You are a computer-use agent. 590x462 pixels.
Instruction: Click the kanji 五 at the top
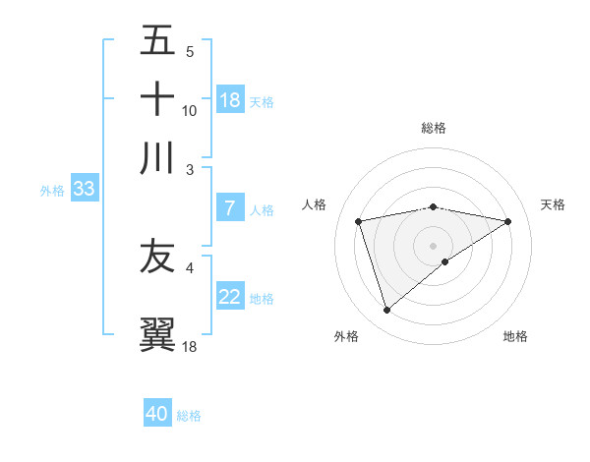tap(158, 41)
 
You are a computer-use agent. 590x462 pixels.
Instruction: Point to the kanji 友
tap(158, 257)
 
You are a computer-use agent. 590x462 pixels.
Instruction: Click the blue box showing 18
tap(230, 100)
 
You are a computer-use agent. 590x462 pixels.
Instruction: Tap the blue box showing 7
tap(230, 208)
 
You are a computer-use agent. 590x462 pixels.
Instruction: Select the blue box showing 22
tap(230, 298)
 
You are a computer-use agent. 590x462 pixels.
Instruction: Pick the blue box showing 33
tap(84, 190)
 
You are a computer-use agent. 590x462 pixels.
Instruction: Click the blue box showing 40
tap(157, 414)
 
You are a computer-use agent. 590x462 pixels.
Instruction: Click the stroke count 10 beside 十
tap(190, 110)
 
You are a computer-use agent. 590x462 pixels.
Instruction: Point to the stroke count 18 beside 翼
tap(190, 346)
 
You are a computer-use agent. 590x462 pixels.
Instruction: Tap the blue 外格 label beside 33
tap(51, 191)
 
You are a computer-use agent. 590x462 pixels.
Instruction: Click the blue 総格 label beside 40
tap(189, 416)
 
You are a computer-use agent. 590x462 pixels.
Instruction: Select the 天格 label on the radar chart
tap(553, 204)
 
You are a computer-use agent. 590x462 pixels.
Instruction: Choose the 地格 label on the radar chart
tap(515, 336)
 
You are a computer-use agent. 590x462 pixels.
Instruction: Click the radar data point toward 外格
tap(386, 311)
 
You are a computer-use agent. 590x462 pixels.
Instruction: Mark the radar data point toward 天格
tap(508, 221)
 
